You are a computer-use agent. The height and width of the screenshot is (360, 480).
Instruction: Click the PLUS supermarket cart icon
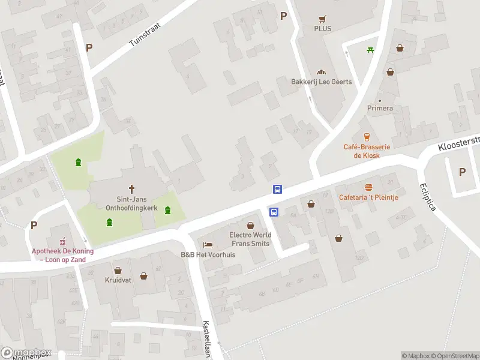[322, 19]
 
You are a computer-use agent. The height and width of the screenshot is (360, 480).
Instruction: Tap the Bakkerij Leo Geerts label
[322, 82]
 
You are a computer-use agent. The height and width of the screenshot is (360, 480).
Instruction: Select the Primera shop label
[380, 108]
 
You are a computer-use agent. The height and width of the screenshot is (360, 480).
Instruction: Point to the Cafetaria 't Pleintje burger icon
[368, 187]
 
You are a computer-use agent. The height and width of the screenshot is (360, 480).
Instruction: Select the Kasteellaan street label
[206, 338]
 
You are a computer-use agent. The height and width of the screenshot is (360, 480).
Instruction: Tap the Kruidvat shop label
[118, 280]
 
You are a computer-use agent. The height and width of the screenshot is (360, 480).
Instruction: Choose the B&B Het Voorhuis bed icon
[208, 245]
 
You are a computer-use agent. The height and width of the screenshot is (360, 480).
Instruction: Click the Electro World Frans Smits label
[250, 239]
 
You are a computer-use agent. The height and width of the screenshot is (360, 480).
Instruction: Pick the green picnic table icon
[371, 49]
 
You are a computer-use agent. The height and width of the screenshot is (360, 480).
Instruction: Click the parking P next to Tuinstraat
[89, 47]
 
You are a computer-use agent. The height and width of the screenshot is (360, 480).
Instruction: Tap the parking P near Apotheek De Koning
[34, 226]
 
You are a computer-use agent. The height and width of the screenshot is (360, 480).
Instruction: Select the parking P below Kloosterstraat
[462, 172]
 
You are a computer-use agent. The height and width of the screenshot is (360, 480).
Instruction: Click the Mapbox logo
[26, 352]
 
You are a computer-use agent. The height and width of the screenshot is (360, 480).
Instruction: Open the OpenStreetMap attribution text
[454, 356]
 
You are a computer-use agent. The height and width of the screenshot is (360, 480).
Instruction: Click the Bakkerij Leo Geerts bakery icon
[321, 71]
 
